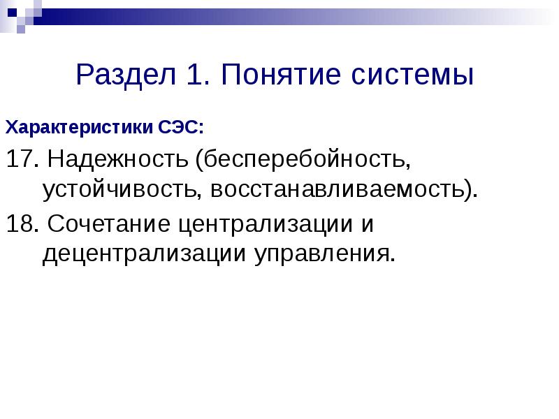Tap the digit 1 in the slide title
click(194, 75)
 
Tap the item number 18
click(19, 225)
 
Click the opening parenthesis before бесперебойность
click(200, 160)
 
